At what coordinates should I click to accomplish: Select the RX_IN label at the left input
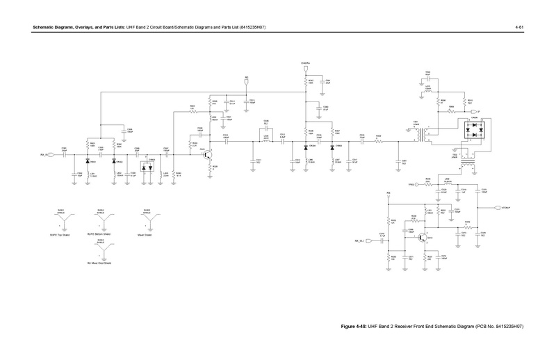click(44, 156)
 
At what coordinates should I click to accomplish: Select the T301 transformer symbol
click(419, 136)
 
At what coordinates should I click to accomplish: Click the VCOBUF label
click(506, 207)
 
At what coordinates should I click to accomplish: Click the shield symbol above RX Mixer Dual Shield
click(101, 249)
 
